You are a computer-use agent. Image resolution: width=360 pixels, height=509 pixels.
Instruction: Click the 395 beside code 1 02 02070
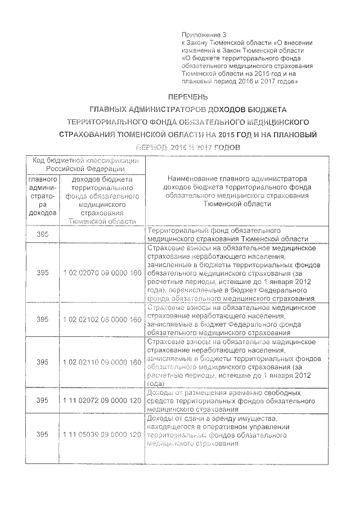tap(43, 273)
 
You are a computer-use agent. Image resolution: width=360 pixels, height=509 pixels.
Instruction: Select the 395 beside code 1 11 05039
tap(43, 435)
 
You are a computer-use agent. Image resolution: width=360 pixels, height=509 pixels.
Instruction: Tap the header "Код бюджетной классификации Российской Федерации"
tap(85, 164)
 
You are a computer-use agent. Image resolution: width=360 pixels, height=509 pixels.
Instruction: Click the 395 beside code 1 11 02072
tap(43, 400)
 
